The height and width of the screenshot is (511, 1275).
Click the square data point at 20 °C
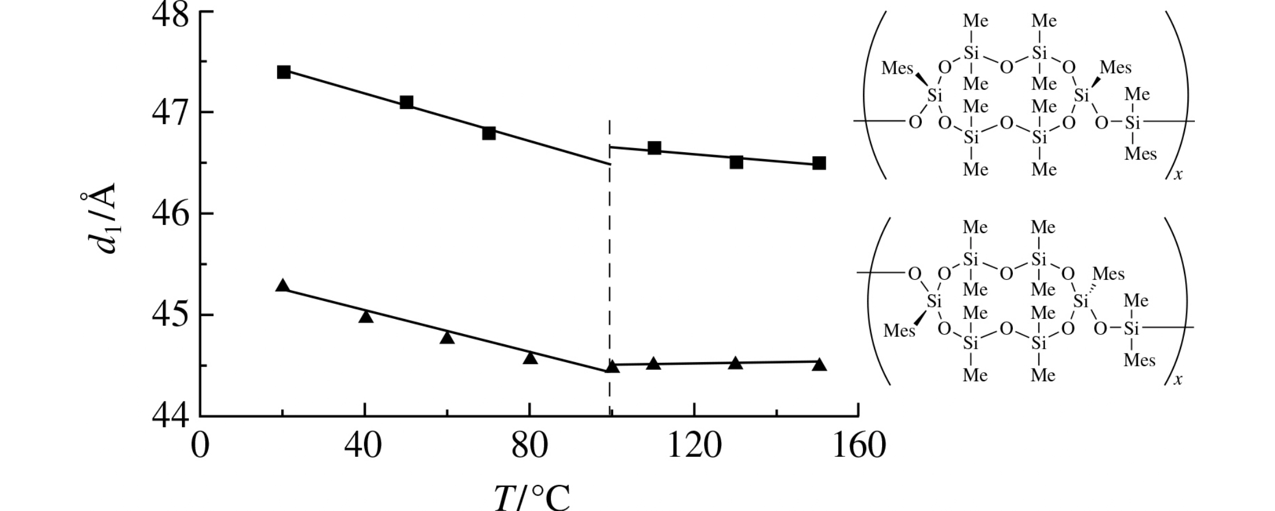[283, 72]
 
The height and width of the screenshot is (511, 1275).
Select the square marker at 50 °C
[406, 102]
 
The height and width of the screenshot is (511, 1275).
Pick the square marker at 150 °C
[819, 163]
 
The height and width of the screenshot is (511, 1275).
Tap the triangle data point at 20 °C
[282, 285]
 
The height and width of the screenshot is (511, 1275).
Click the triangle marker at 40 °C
[365, 316]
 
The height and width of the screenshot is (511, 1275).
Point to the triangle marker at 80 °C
[530, 358]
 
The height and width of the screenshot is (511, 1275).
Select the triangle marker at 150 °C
[819, 365]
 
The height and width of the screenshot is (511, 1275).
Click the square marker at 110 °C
[654, 148]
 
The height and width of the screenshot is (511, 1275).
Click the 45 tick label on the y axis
[171, 315]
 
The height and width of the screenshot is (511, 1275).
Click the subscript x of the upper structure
[1178, 174]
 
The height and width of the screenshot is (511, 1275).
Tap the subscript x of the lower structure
[1178, 380]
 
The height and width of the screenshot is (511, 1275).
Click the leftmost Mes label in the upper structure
[897, 69]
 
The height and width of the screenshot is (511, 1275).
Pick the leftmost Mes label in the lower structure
[899, 331]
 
